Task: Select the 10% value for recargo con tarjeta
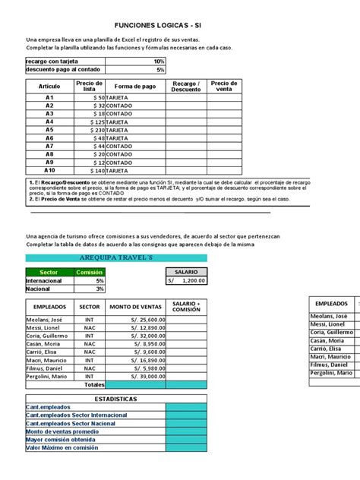tap(158, 61)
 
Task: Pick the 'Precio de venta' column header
tap(224, 86)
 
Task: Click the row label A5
tap(49, 130)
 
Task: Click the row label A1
tap(49, 98)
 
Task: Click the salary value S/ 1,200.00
tap(187, 280)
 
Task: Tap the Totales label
tap(94, 384)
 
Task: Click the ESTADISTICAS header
tap(95, 398)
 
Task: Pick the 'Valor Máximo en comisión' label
tap(59, 448)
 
